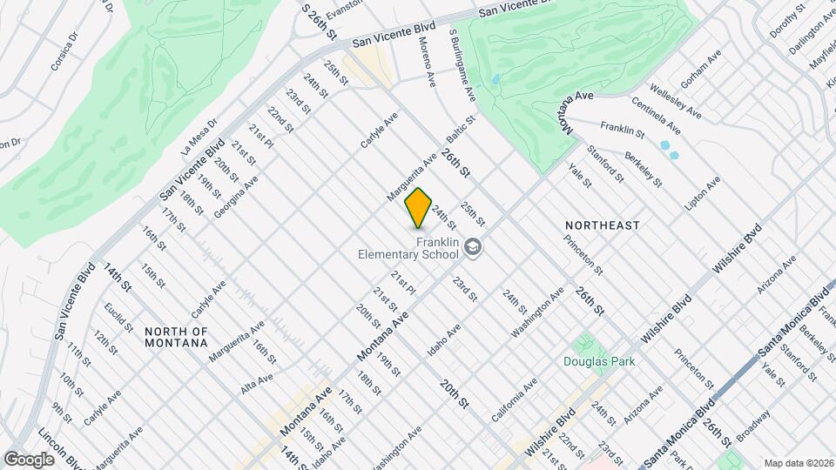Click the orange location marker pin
418,208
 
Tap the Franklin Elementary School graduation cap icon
473,247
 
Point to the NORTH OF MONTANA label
177,337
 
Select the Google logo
29,459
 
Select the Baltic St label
461,131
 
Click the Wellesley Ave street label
676,101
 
